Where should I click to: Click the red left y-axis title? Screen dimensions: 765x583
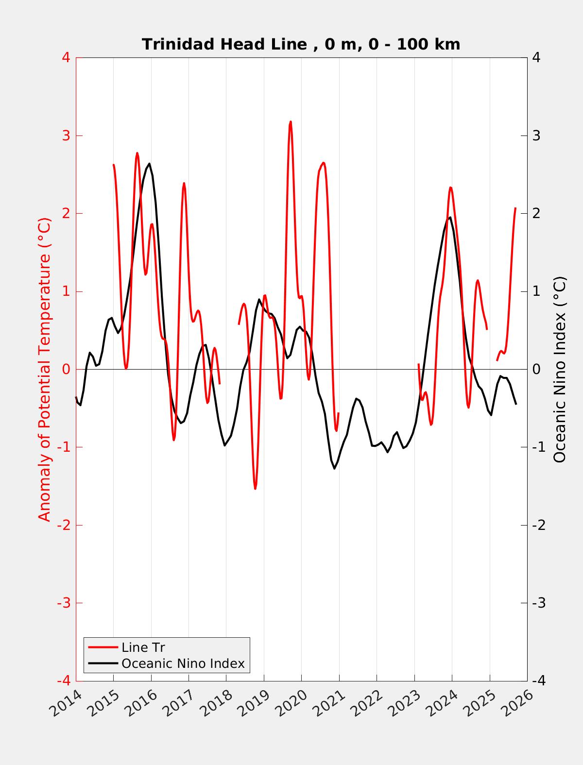(45, 369)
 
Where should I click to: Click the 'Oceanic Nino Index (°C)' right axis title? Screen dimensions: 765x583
(560, 369)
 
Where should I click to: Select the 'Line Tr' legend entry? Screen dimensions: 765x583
(143, 647)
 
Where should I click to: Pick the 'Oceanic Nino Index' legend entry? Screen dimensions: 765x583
(183, 663)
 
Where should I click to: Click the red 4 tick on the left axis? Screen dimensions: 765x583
(66, 57)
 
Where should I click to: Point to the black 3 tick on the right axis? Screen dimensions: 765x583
(536, 136)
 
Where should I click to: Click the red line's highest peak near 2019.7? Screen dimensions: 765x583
(291, 122)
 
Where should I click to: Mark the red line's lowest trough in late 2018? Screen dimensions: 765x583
(255, 488)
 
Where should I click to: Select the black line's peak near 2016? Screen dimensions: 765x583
(149, 164)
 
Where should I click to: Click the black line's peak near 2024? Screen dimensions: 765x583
(450, 217)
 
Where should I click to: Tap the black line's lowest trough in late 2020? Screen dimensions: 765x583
(334, 468)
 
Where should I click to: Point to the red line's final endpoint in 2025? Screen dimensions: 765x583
(515, 208)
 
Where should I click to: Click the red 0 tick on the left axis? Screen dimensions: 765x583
(66, 369)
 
